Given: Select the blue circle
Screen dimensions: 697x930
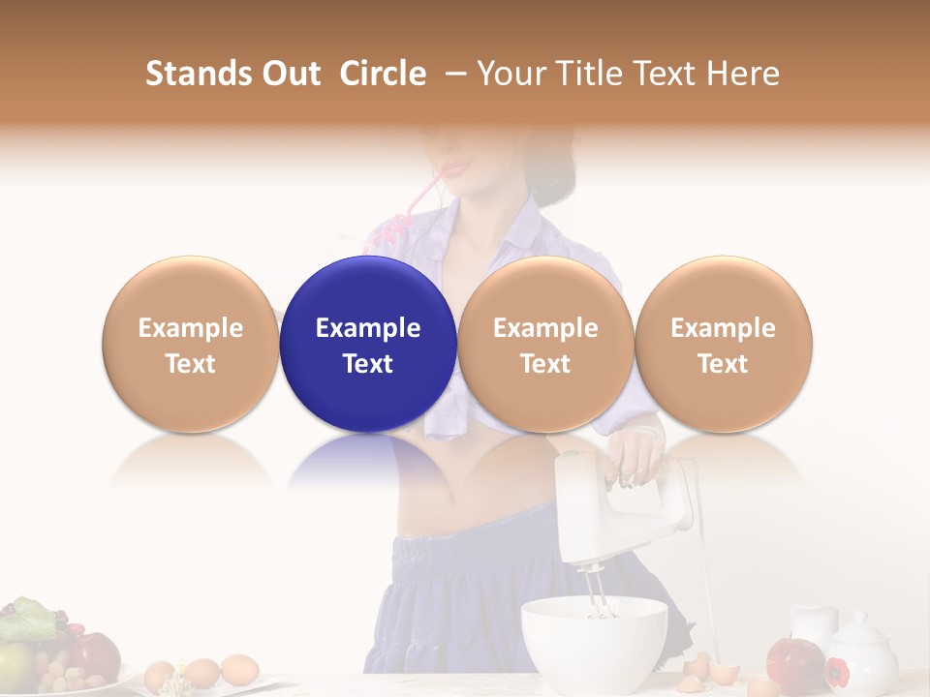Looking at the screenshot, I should point(368,344).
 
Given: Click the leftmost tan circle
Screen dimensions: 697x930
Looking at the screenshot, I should point(191,344).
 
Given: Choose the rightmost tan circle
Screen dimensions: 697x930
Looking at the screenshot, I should point(723,344).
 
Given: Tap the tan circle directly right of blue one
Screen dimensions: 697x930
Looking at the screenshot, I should point(545,344).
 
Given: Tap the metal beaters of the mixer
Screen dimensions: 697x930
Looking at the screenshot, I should point(597,592).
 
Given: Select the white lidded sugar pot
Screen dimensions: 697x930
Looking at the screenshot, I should point(860,654).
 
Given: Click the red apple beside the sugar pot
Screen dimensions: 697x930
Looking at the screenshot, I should point(793,662).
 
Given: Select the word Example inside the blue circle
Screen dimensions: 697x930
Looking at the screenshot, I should point(368,328).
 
